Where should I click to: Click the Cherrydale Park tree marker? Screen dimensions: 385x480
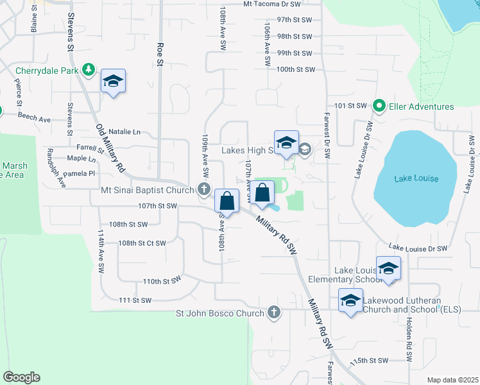(89, 70)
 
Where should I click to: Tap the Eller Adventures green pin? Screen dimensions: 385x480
(379, 107)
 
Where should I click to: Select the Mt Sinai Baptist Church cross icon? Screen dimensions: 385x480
(203, 189)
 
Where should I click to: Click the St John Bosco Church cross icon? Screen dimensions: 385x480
(274, 313)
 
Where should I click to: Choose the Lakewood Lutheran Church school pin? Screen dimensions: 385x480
(350, 301)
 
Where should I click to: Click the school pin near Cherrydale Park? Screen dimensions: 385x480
(113, 81)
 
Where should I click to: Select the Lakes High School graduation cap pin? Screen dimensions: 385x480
(286, 142)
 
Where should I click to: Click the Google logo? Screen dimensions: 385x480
(21, 377)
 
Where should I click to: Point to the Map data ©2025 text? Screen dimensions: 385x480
(452, 380)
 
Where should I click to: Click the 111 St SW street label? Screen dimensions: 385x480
(135, 300)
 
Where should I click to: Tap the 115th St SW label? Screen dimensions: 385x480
(370, 361)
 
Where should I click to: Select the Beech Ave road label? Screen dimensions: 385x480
(34, 119)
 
